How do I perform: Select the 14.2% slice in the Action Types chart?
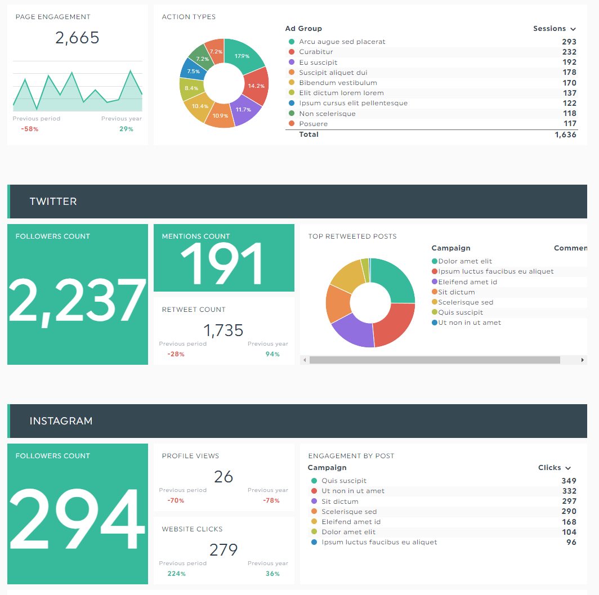click(x=256, y=86)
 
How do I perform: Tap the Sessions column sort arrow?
click(x=573, y=29)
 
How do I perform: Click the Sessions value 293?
click(x=569, y=42)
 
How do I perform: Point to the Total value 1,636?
click(x=565, y=135)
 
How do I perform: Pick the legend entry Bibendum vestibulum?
click(x=338, y=83)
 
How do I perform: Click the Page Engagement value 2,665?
click(x=77, y=38)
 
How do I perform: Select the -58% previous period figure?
click(x=29, y=129)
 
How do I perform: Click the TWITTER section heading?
click(x=53, y=202)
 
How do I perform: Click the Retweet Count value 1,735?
click(x=223, y=330)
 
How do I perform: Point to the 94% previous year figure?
click(x=272, y=354)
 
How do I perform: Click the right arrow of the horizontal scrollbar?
click(x=583, y=360)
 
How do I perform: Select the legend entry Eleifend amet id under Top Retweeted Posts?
click(x=467, y=282)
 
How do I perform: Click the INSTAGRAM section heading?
click(x=61, y=421)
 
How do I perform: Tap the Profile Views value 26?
click(x=223, y=477)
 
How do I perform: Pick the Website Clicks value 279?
click(x=223, y=549)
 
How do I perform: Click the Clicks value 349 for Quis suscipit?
click(x=569, y=481)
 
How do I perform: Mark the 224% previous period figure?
click(x=176, y=574)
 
